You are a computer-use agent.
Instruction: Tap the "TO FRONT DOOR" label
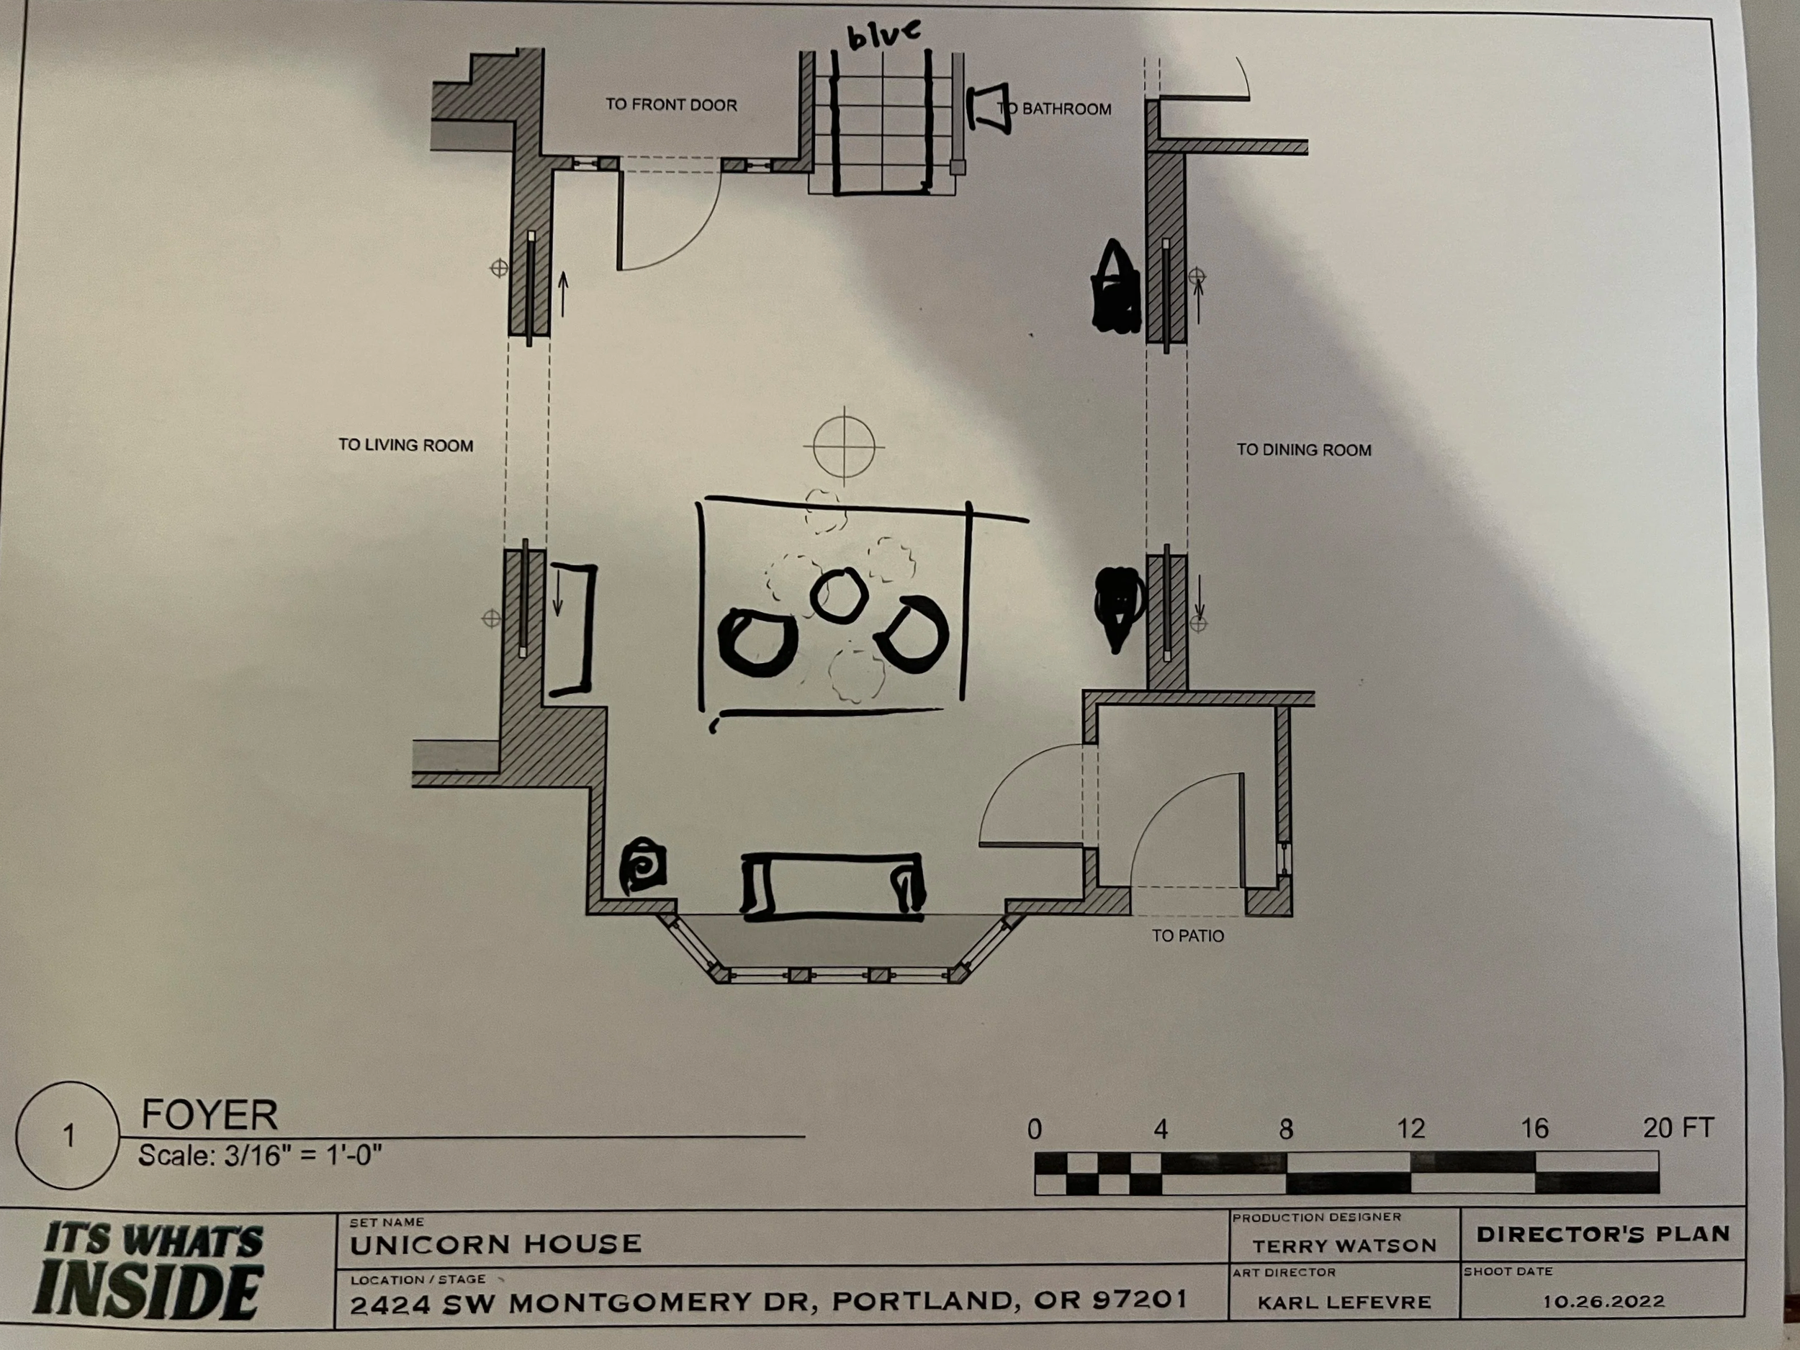pyautogui.click(x=671, y=105)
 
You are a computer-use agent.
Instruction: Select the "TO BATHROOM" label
pyautogui.click(x=1055, y=108)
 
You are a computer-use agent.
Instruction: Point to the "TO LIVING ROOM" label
pyautogui.click(x=406, y=445)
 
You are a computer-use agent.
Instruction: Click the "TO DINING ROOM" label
pyautogui.click(x=1305, y=449)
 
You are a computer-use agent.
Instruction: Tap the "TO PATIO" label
pyautogui.click(x=1188, y=936)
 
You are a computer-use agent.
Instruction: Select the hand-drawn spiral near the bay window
pyautogui.click(x=644, y=868)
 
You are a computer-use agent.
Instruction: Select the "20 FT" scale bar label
pyautogui.click(x=1678, y=1128)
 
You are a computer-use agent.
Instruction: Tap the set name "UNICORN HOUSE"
pyautogui.click(x=495, y=1244)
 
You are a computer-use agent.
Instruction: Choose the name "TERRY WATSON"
pyautogui.click(x=1344, y=1246)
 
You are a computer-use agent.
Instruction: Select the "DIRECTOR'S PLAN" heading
pyautogui.click(x=1603, y=1235)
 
